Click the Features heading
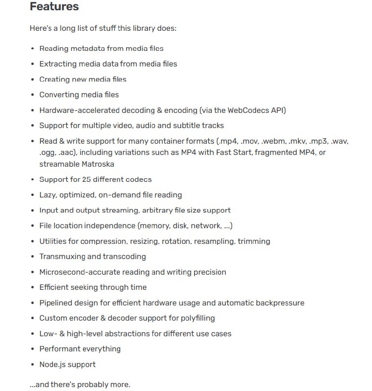[54, 7]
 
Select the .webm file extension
[273, 141]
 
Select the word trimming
[254, 241]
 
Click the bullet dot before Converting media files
[33, 95]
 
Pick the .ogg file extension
[48, 152]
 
